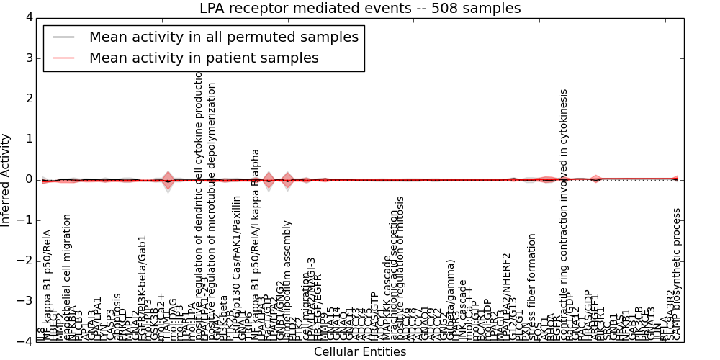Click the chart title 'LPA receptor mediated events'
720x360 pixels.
pos(360,9)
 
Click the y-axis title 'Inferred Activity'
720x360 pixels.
pos(6,179)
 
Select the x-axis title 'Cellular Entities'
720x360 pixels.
pos(360,352)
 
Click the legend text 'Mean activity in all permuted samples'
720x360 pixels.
pos(224,37)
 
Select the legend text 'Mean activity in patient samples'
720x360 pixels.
pos(204,58)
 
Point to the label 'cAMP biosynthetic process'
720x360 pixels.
pos(677,274)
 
